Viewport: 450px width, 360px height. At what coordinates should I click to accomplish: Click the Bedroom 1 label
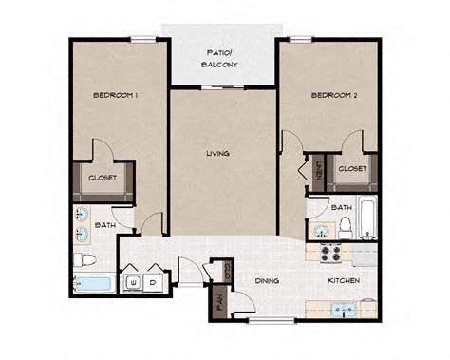(117, 96)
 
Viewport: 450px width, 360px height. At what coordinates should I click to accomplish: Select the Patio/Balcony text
(219, 58)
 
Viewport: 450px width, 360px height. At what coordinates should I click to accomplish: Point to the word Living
(219, 152)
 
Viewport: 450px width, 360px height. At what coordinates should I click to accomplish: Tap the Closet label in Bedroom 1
(103, 178)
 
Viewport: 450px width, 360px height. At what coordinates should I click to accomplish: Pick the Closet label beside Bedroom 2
(352, 168)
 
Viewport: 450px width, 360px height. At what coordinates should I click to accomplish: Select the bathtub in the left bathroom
(93, 284)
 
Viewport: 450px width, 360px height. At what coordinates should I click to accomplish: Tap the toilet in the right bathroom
(347, 226)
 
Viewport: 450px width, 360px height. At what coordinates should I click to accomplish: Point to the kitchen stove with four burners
(333, 253)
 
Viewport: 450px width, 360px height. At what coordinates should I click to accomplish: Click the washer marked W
(134, 282)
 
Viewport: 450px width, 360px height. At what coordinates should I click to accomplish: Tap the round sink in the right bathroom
(320, 228)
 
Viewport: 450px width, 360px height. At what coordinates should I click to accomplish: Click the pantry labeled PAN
(219, 304)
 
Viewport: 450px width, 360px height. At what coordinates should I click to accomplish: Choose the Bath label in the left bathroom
(106, 225)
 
